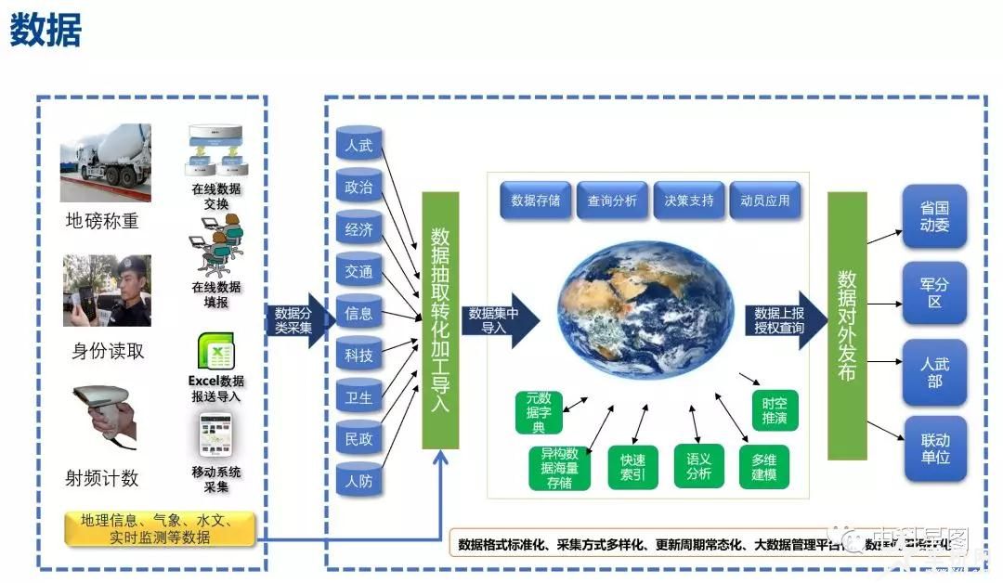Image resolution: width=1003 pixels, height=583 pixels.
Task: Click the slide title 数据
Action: coord(46,32)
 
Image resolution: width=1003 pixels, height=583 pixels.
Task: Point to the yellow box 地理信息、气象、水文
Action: coord(159,528)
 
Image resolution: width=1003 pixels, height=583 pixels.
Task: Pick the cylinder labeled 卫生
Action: coord(359,397)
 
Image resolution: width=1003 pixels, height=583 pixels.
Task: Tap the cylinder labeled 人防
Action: coord(359,481)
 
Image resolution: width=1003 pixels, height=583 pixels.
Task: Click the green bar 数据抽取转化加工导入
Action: coord(440,320)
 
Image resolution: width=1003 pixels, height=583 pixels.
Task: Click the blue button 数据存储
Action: coord(536,201)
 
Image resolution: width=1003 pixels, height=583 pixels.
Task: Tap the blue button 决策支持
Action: coord(689,201)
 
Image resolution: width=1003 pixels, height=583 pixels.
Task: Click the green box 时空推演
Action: coord(775,410)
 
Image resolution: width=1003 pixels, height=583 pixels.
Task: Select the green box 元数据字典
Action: coord(539,413)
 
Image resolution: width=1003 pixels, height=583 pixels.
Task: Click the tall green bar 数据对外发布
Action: coord(847,325)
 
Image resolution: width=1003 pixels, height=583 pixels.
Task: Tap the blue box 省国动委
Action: coord(934,216)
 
